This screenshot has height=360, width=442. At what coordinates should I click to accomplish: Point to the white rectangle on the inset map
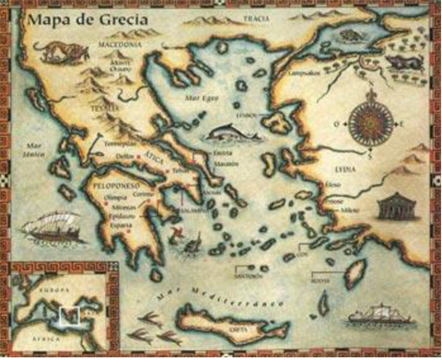[64, 313]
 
